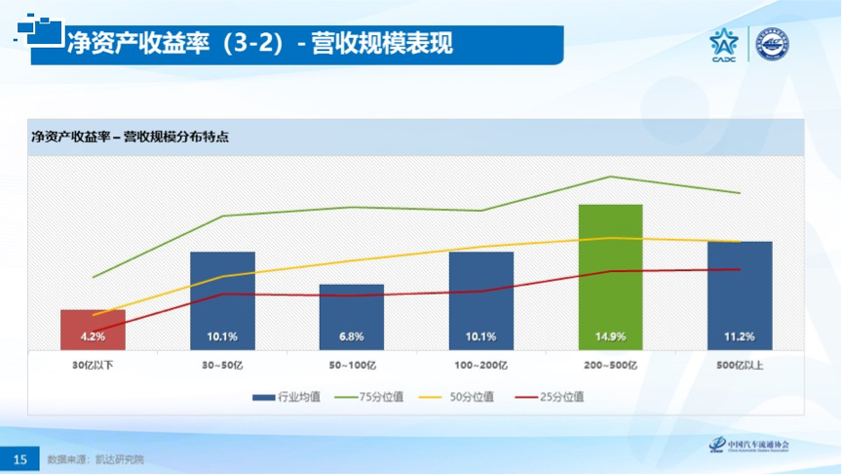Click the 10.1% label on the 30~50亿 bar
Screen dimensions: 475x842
click(x=222, y=336)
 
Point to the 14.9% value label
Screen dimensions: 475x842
click(x=611, y=336)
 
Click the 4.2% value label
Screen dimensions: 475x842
click(x=93, y=336)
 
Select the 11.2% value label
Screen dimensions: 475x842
click(x=740, y=336)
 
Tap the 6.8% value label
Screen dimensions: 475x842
click(x=352, y=336)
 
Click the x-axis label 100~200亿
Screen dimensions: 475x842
click(x=481, y=364)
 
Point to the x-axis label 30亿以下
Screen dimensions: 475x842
click(x=93, y=364)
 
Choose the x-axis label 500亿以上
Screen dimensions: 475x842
click(x=740, y=364)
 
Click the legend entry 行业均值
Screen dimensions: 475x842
click(x=288, y=397)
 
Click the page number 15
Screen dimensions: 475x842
click(x=19, y=458)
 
